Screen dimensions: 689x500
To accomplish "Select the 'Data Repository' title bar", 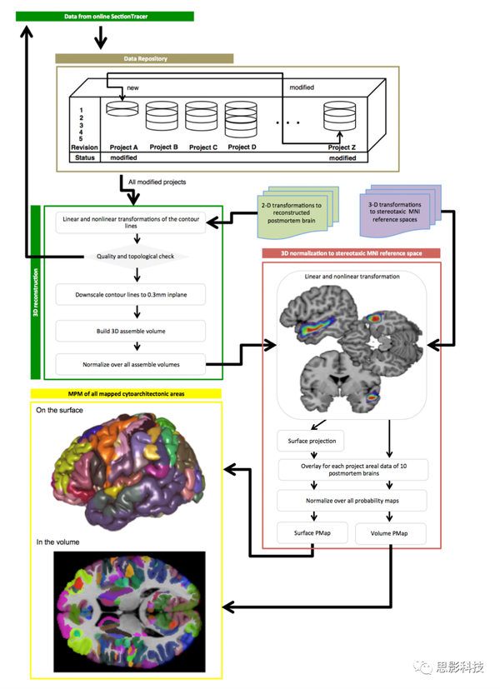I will tap(143, 58).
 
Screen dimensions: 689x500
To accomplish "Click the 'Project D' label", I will tap(241, 147).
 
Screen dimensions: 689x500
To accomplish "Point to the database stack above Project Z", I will tap(339, 117).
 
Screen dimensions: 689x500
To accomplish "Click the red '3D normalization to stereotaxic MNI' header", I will tap(351, 252).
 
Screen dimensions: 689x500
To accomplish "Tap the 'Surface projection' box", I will tap(311, 439).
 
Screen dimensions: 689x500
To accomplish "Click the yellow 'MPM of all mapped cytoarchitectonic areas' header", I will tap(125, 393).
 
